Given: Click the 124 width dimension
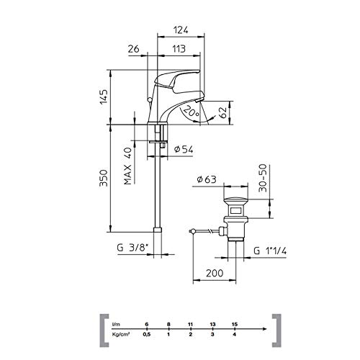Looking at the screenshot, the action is coord(181,30).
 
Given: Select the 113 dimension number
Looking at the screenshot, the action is coord(179,49).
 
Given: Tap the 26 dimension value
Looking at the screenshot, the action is coord(134,49).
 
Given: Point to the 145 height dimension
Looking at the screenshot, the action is coord(104,96).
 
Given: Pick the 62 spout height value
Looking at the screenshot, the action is coord(223,112).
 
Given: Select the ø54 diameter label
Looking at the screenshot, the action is coord(184,149).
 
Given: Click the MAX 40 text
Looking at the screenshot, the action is coord(128,166).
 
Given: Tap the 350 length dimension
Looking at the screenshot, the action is coord(104,178).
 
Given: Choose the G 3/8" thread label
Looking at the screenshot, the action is coord(132,248).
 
